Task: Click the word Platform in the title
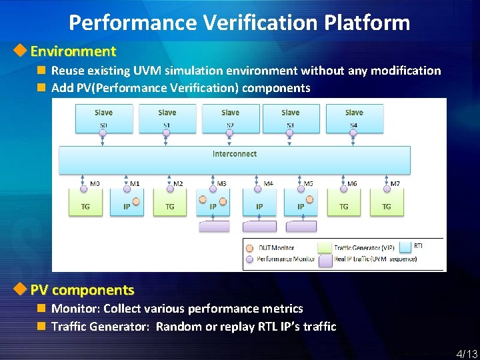(x=367, y=23)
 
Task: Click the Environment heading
(x=73, y=51)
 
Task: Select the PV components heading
(x=83, y=290)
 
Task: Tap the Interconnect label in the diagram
(x=235, y=154)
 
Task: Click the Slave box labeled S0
(x=103, y=118)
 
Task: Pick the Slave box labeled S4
(x=354, y=118)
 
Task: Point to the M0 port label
(x=95, y=184)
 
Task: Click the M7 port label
(x=395, y=184)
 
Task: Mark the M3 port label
(x=221, y=184)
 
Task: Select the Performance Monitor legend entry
(x=286, y=259)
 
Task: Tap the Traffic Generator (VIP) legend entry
(x=364, y=248)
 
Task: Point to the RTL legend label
(x=419, y=246)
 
